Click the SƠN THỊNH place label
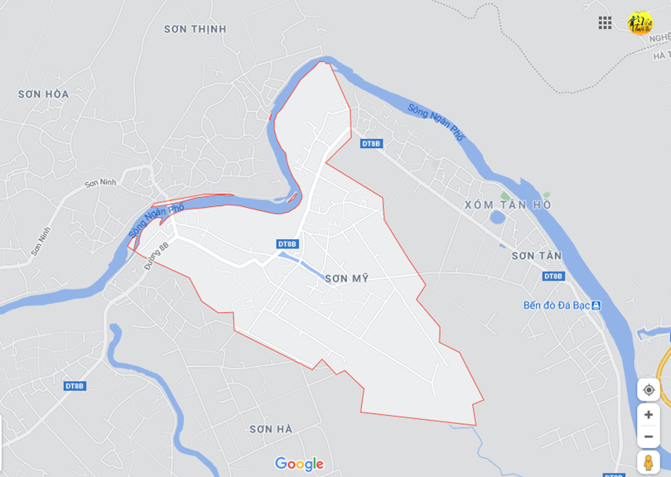[195, 29]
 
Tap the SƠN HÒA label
[44, 94]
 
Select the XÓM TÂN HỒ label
[508, 205]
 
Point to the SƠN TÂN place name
[536, 256]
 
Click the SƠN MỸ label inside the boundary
[346, 279]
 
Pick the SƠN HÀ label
[271, 428]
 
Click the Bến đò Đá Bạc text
[556, 306]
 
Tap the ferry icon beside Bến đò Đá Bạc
[596, 306]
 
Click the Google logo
[299, 464]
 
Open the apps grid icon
[605, 23]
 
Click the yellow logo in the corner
[640, 22]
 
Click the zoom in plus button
[648, 414]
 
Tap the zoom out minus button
[648, 436]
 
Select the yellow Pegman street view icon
[648, 462]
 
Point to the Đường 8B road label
[156, 256]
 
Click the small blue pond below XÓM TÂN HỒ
[497, 218]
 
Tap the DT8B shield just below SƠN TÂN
[553, 276]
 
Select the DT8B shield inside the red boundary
[287, 243]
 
